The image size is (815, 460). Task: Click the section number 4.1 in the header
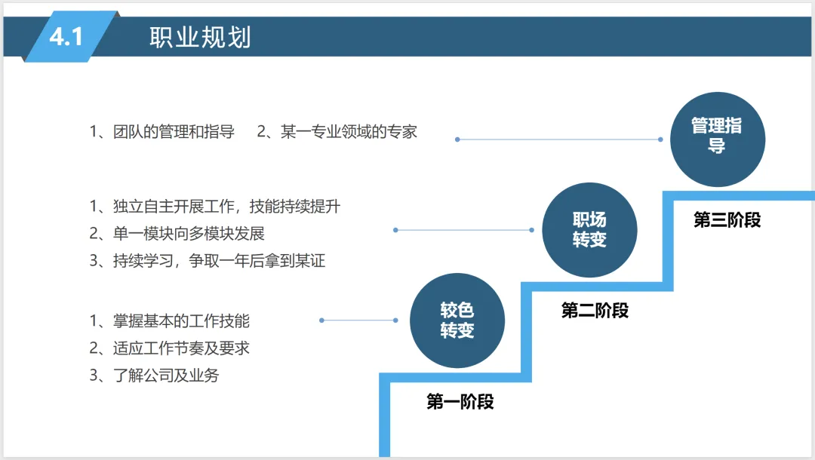tap(66, 36)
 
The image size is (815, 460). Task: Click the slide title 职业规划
tap(200, 37)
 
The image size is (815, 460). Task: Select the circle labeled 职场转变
tap(589, 230)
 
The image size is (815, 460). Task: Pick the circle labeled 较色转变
tap(457, 320)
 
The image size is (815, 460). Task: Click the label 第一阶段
tap(460, 401)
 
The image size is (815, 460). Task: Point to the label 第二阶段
tap(595, 310)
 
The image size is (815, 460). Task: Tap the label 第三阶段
tap(727, 220)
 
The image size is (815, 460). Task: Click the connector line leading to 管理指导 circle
tap(558, 140)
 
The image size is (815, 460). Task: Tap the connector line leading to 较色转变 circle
tap(359, 320)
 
